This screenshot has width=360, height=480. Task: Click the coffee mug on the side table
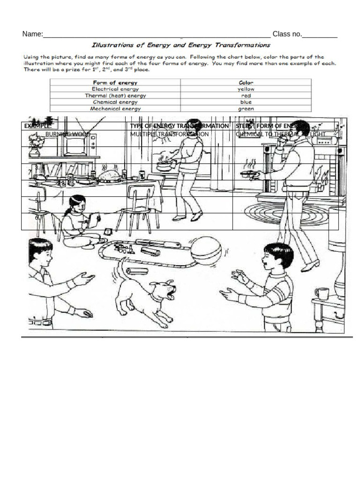tap(322, 293)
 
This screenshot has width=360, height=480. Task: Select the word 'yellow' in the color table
tap(246, 89)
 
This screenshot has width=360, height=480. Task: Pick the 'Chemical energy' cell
tap(115, 102)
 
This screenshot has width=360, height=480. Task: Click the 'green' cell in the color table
tap(246, 109)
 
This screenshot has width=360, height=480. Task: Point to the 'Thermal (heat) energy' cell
tap(115, 95)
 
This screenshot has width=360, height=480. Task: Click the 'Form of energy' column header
tap(115, 82)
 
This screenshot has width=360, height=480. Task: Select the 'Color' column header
tap(246, 82)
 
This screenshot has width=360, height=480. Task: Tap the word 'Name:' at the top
tap(32, 34)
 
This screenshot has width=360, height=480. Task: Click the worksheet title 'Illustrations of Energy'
tap(181, 45)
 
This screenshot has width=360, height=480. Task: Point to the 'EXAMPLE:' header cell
tap(38, 126)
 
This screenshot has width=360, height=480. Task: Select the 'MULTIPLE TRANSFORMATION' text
tap(169, 134)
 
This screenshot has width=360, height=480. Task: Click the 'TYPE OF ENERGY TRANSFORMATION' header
tap(180, 126)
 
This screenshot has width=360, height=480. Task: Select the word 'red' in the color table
tap(246, 95)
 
